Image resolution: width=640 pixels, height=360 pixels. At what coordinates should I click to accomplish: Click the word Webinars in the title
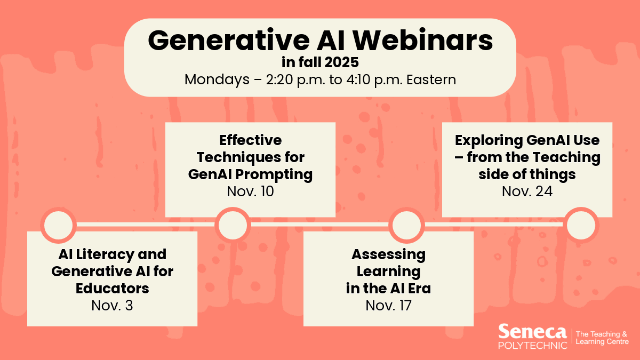pos(423,41)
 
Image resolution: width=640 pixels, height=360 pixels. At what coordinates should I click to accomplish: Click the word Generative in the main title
pos(229,41)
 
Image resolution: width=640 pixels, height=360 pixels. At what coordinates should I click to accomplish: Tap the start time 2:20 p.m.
pos(295,79)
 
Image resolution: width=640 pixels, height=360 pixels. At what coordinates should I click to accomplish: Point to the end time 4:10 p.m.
pos(374,79)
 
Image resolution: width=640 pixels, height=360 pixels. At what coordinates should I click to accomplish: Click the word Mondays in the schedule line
pos(217,80)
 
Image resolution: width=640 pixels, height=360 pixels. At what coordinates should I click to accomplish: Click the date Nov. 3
pos(113,306)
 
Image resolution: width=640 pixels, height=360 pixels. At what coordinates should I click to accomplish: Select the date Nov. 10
pos(250,191)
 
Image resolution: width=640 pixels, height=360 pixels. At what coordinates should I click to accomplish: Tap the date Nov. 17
pos(389,306)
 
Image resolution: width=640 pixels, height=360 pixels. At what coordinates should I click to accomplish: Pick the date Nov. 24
pos(527,191)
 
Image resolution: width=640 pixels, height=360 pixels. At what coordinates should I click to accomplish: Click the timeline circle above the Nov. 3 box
pos(58,225)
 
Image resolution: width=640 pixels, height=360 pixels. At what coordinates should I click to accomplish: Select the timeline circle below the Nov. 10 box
pos(233,225)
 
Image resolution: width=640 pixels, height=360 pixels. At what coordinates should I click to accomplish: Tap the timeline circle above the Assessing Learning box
pos(406,225)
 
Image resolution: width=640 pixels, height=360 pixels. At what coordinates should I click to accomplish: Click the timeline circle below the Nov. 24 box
pos(581,225)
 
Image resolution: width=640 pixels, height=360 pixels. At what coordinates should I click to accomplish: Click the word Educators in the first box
pos(113,289)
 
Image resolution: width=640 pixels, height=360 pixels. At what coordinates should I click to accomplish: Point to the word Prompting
pos(274,174)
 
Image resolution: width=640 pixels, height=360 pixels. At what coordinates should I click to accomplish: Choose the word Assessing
pos(389,254)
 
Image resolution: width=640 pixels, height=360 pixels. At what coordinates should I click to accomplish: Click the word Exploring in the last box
pos(489,140)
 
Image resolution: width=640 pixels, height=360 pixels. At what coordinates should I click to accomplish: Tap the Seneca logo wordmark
pos(532,332)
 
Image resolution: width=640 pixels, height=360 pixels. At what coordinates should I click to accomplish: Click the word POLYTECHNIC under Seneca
pos(533,346)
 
